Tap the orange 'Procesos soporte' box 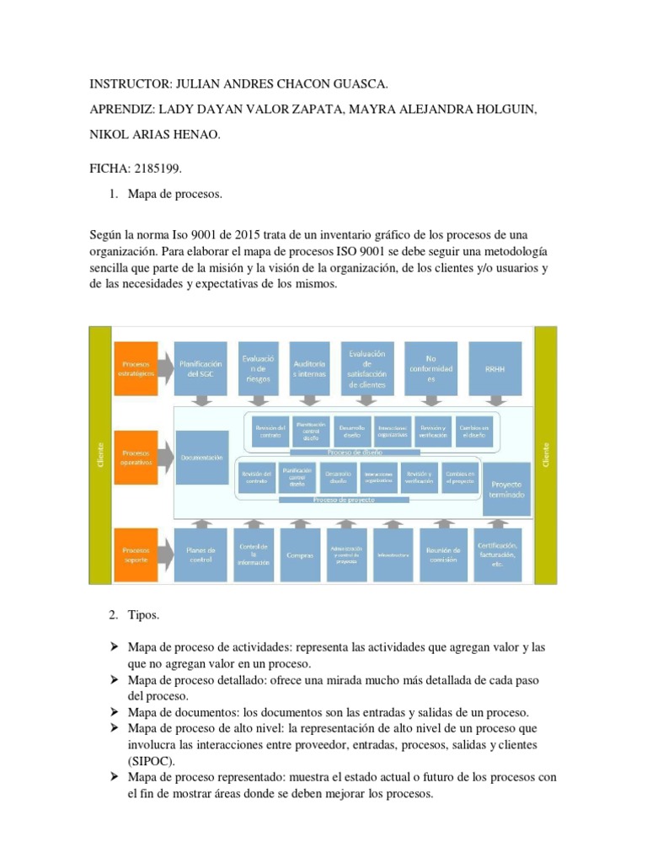point(136,549)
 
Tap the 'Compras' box point(300,555)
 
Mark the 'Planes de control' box point(202,555)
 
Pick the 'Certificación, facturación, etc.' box point(497,555)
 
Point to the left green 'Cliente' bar point(100,455)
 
